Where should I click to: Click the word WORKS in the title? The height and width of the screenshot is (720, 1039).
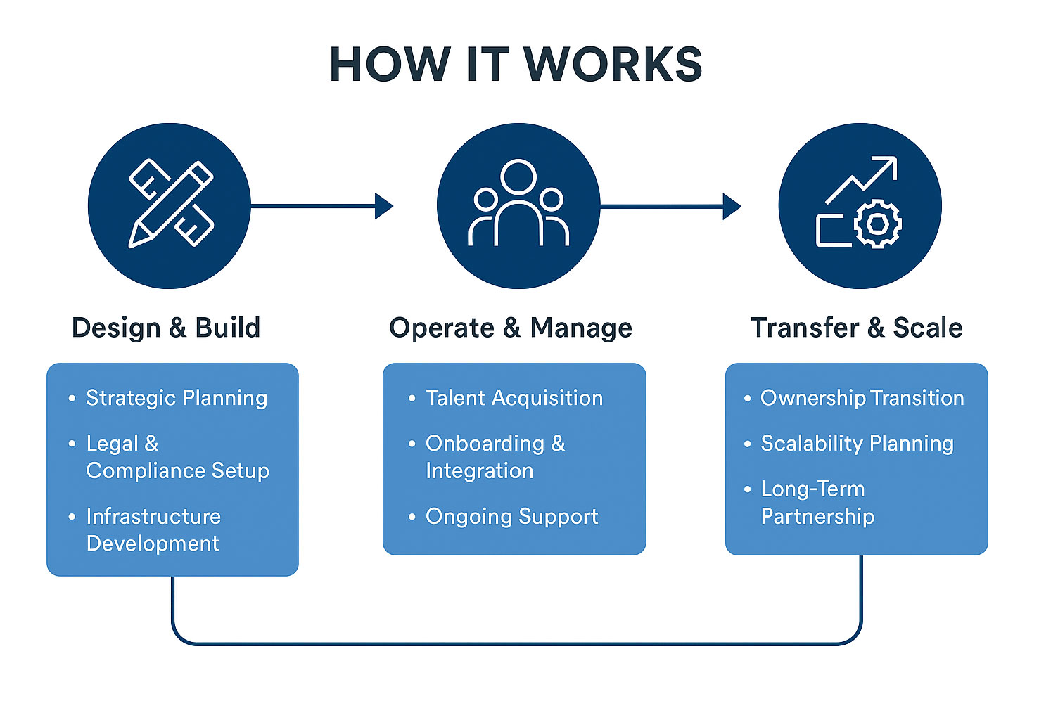coord(613,65)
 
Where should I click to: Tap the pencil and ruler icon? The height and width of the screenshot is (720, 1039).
coord(171,204)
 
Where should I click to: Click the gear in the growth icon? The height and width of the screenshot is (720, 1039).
coord(877,224)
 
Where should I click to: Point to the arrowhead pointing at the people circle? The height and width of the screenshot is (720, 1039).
coord(384,206)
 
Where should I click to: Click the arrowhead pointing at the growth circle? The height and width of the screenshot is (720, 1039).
coord(732,207)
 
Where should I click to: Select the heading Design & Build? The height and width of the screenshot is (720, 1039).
coord(166,328)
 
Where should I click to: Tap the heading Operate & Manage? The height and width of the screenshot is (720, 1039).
coord(511,328)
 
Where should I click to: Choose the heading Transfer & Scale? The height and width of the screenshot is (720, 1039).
coord(856,328)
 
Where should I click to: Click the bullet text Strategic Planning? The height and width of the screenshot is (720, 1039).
coord(177,398)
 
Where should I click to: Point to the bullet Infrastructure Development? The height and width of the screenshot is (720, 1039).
coord(153,529)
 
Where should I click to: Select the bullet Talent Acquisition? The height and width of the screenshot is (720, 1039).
coord(514,398)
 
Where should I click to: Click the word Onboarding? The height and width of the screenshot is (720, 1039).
coord(485,444)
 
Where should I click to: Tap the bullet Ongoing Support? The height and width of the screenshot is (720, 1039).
coord(511,516)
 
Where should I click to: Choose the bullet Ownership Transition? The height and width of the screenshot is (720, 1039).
coord(862,398)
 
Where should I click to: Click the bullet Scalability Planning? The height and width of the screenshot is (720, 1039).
coord(857,444)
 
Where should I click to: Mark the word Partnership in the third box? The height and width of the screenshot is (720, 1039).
coord(817,516)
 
